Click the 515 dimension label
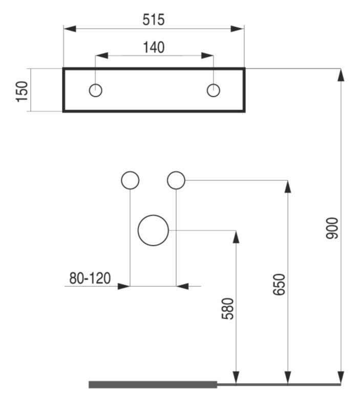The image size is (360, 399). [x=154, y=20]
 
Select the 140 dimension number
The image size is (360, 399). [x=154, y=48]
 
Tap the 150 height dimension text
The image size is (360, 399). [x=22, y=92]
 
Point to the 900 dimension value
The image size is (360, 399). [x=332, y=228]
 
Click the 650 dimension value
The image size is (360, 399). [x=279, y=284]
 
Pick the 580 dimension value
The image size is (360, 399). [x=228, y=309]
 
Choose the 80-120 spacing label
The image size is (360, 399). [x=90, y=278]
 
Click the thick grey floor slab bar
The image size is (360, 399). [x=153, y=385]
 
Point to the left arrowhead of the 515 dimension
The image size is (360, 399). [x=70, y=29]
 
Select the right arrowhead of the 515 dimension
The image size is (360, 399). [x=238, y=29]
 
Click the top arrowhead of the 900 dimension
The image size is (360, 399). [x=341, y=75]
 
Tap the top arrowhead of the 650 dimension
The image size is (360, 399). [x=288, y=186]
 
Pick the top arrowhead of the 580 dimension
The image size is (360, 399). [x=237, y=237]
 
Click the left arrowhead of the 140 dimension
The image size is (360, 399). [x=102, y=55]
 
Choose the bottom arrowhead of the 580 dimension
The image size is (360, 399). [x=237, y=377]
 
